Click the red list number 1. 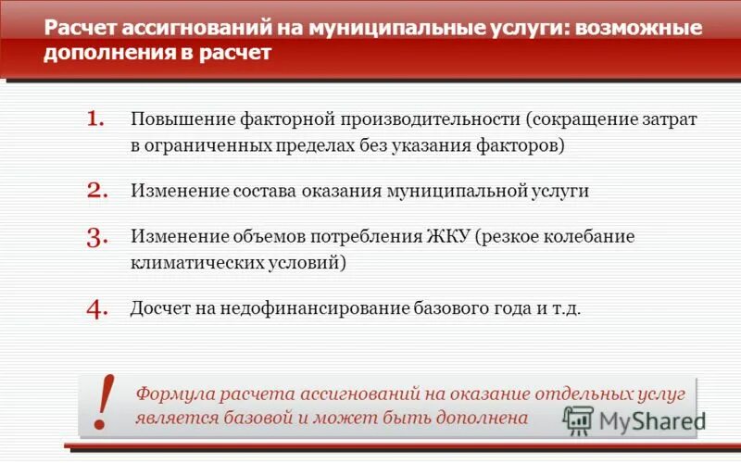(96, 120)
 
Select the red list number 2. (97, 191)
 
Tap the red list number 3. (97, 237)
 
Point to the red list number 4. (97, 308)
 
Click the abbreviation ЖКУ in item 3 (448, 236)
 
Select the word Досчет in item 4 (158, 308)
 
